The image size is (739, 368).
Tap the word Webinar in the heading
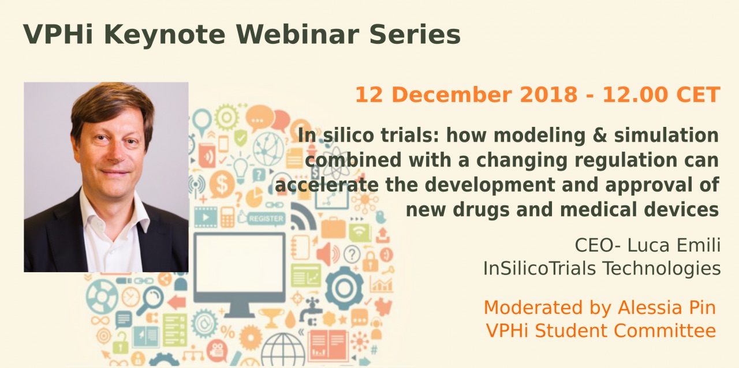(x=297, y=34)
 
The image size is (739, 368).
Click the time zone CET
(x=698, y=95)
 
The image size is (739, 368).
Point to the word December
(x=451, y=95)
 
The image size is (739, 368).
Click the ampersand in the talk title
(x=599, y=136)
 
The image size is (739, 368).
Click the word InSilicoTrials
(x=539, y=268)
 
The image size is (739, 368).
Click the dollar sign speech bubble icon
(x=221, y=185)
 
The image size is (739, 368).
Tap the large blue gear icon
(x=345, y=288)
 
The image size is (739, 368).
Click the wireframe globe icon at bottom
(x=283, y=350)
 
